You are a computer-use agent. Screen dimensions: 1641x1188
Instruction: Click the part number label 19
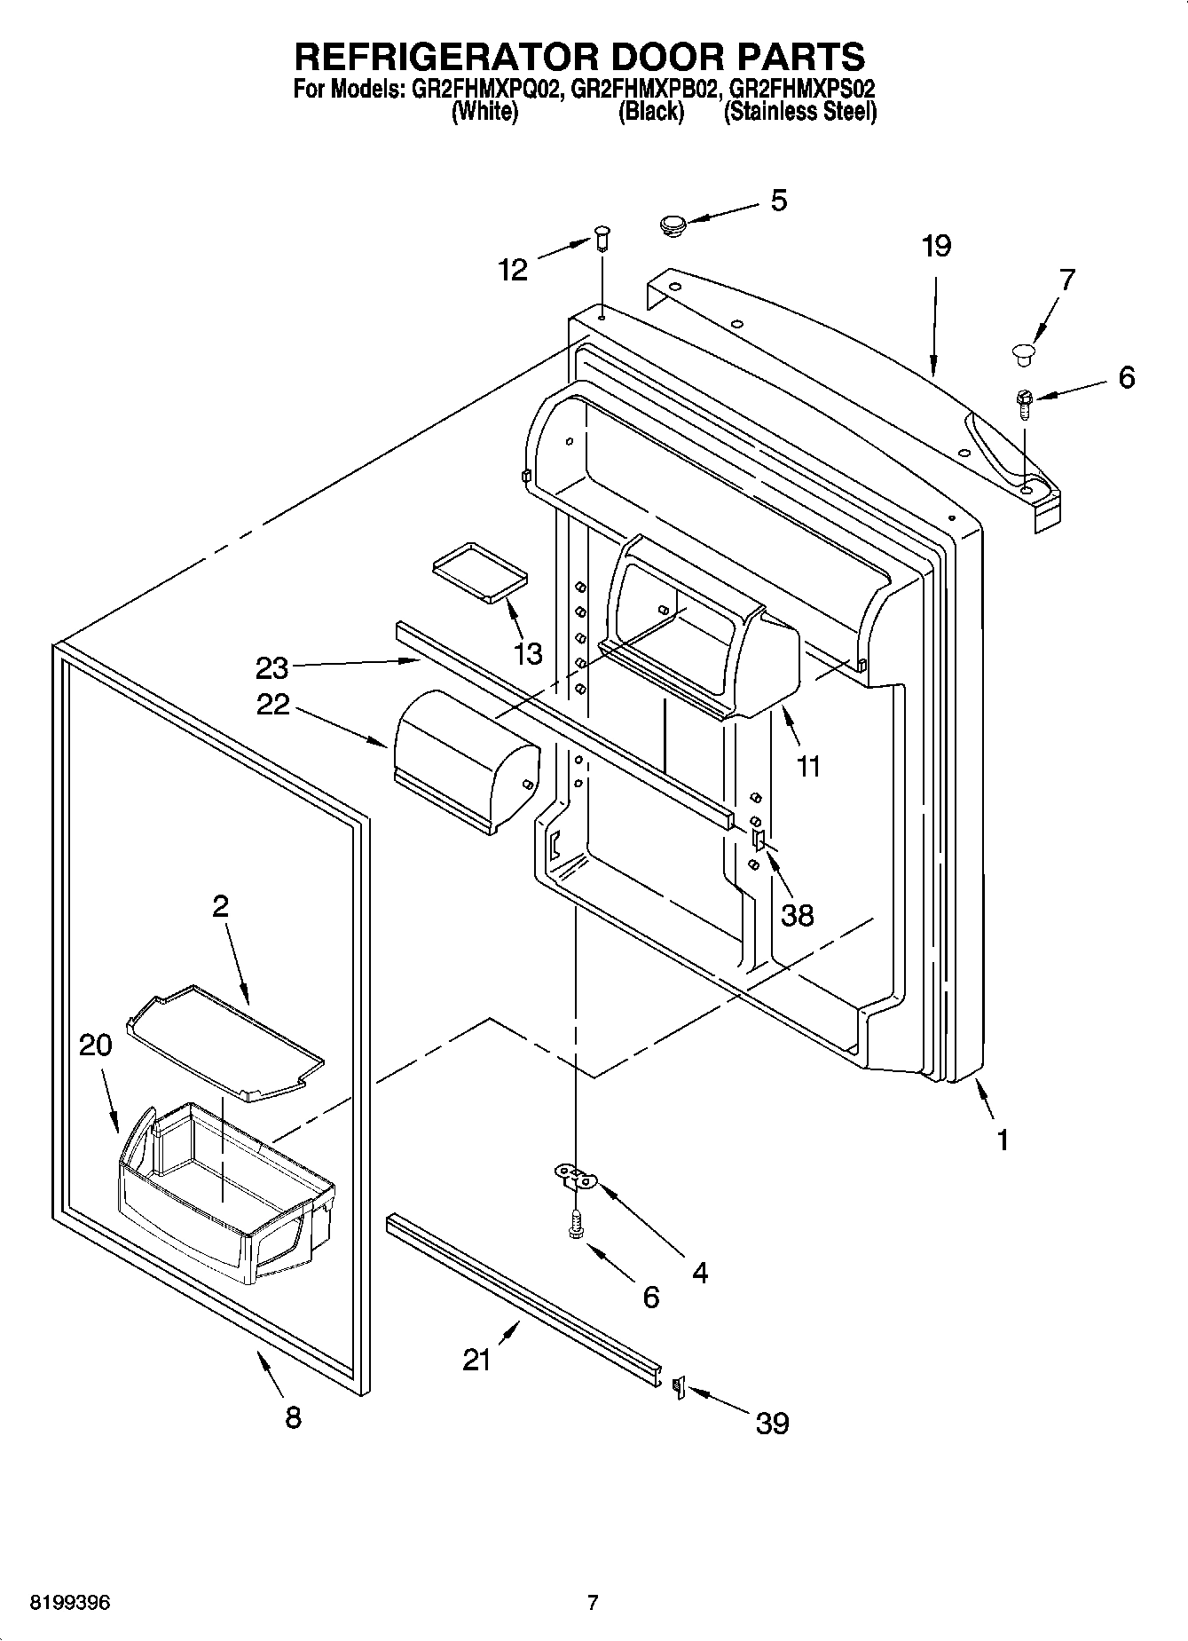(x=936, y=246)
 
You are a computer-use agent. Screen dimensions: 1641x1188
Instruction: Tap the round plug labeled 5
(x=675, y=225)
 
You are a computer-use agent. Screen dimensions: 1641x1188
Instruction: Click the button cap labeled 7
(x=1023, y=353)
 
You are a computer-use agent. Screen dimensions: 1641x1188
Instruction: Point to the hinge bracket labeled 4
(x=578, y=1178)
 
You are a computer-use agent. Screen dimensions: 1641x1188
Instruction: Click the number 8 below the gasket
(x=293, y=1417)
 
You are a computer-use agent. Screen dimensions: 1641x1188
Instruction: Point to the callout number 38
(x=797, y=914)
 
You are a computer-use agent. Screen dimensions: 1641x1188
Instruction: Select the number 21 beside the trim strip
(x=476, y=1360)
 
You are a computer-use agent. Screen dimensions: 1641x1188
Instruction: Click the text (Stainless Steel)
(x=800, y=112)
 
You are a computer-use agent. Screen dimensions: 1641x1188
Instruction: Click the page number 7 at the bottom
(x=593, y=1603)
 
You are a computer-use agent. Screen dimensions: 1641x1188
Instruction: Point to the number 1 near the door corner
(x=1003, y=1140)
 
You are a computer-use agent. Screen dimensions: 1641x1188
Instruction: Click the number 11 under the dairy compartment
(x=807, y=766)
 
